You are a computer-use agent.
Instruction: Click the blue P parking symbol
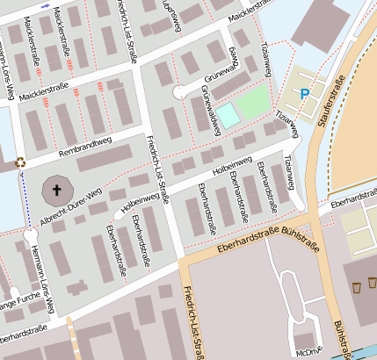(x=305, y=93)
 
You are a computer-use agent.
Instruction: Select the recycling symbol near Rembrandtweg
(x=20, y=161)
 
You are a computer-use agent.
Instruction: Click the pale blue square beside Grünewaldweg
(x=227, y=113)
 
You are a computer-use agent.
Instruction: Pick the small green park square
(x=253, y=99)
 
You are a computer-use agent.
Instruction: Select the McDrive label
(x=308, y=352)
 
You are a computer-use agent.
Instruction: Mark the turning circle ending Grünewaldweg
(x=179, y=91)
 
